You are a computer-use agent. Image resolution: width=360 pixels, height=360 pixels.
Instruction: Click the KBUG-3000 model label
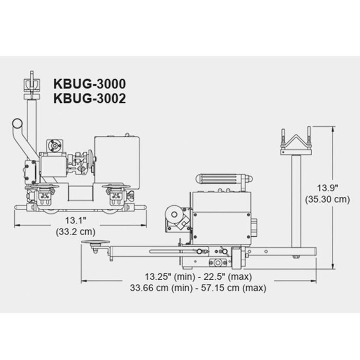pyautogui.click(x=89, y=84)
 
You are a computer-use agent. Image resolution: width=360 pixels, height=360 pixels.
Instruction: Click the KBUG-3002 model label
pyautogui.click(x=89, y=99)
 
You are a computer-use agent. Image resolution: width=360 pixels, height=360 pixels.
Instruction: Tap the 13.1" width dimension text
pyautogui.click(x=76, y=221)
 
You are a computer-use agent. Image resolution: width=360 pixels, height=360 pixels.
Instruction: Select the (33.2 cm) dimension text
pyautogui.click(x=76, y=231)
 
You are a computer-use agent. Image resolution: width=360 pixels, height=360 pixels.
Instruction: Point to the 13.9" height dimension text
pyautogui.click(x=328, y=188)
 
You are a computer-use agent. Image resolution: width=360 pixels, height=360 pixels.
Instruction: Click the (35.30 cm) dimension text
pyautogui.click(x=328, y=200)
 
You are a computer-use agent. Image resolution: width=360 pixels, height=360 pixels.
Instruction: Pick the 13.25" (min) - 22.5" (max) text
pyautogui.click(x=199, y=277)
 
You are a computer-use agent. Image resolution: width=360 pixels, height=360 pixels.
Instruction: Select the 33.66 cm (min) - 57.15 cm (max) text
pyautogui.click(x=198, y=288)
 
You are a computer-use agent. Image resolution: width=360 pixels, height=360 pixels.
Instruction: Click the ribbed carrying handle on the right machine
pyautogui.click(x=224, y=179)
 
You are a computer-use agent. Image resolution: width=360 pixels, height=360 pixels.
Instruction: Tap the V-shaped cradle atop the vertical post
pyautogui.click(x=296, y=141)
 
